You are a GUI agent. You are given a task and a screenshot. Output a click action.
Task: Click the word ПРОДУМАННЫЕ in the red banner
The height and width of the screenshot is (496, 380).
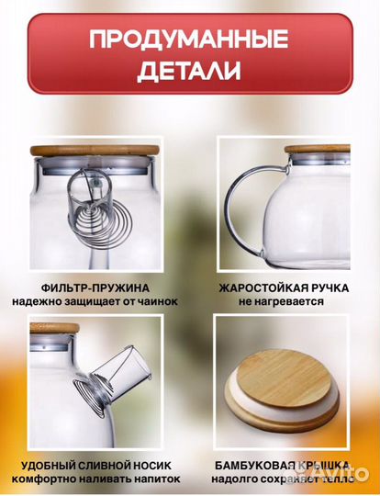point(189,39)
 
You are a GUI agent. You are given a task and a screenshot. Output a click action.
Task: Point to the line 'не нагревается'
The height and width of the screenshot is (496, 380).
point(284,300)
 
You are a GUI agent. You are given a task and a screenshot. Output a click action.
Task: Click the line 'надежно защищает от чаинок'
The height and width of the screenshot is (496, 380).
point(95,300)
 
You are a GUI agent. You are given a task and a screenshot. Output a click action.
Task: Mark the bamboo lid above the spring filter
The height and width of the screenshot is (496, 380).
point(95,149)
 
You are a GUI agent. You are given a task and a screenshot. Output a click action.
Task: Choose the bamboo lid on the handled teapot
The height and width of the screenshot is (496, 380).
point(317,148)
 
